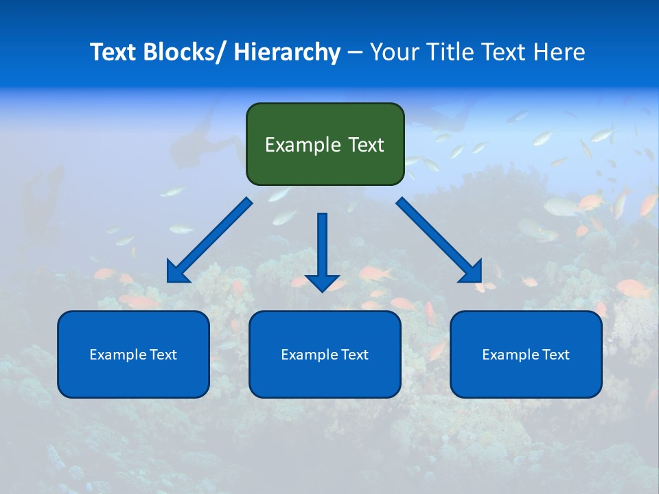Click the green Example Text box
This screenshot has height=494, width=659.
click(325, 144)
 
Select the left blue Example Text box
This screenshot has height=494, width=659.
click(133, 354)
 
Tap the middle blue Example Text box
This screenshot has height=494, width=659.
click(325, 354)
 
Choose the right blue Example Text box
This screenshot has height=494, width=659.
click(526, 354)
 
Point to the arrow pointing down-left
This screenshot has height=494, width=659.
click(209, 241)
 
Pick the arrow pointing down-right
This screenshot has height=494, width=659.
click(439, 240)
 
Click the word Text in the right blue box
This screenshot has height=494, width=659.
click(555, 354)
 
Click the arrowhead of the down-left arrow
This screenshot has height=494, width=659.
click(176, 273)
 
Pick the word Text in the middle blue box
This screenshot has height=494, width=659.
click(354, 354)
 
